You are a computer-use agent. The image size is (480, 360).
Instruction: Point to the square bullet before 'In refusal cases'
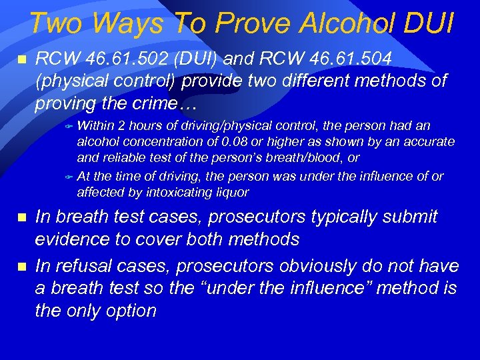[21, 267]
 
